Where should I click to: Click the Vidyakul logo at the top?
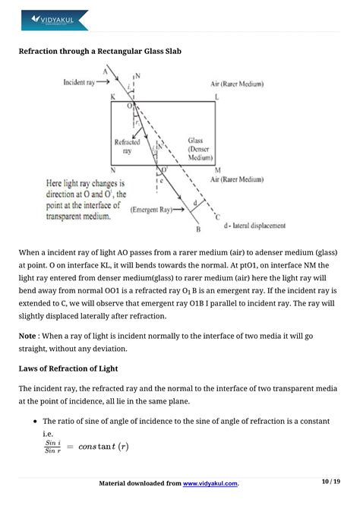click(x=54, y=20)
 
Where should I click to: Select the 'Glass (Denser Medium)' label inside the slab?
click(x=201, y=149)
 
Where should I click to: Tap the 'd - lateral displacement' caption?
click(x=251, y=226)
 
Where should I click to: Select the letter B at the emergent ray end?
click(x=197, y=229)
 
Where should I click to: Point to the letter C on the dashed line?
click(x=218, y=218)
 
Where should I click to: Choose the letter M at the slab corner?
click(x=217, y=171)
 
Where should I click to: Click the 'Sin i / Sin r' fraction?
click(x=52, y=446)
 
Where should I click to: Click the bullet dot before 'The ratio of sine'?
click(x=36, y=422)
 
